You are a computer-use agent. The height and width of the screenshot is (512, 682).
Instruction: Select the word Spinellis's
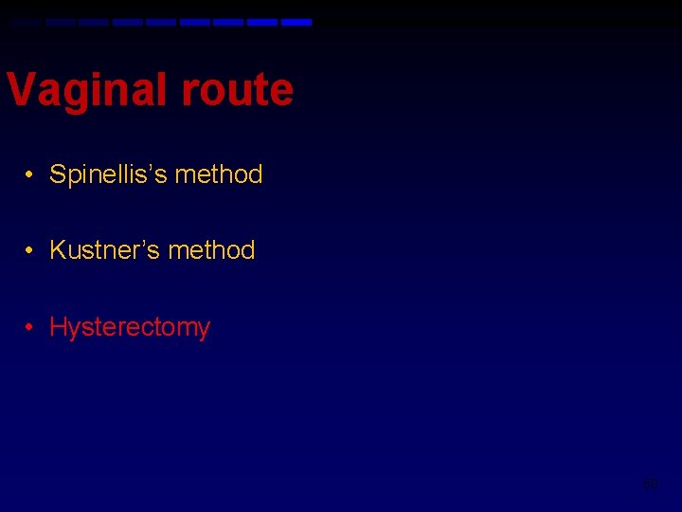click(109, 174)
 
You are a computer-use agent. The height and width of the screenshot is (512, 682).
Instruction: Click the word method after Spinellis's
click(219, 174)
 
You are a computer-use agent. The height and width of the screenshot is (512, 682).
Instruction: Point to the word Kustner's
click(105, 250)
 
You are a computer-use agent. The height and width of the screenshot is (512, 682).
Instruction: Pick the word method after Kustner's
click(212, 250)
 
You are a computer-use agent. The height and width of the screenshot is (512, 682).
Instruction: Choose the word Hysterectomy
click(130, 327)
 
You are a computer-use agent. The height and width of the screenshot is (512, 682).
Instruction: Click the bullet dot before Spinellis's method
click(31, 174)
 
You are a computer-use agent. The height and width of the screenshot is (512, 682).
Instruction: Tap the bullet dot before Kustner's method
click(31, 250)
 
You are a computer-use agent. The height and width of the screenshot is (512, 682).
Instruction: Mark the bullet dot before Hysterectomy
click(31, 327)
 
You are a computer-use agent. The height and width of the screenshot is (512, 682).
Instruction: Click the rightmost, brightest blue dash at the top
click(296, 22)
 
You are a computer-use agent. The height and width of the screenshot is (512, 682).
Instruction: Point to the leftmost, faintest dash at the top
click(27, 22)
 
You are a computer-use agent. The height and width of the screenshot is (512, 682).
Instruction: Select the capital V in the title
click(20, 91)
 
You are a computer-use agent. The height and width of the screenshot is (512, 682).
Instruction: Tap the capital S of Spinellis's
click(57, 174)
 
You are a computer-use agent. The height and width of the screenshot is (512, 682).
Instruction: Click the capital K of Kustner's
click(58, 250)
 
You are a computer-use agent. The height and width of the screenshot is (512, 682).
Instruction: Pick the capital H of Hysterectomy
click(58, 327)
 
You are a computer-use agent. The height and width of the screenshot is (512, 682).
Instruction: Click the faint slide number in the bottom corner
click(651, 485)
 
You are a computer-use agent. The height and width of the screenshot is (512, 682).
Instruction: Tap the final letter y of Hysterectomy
click(204, 330)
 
